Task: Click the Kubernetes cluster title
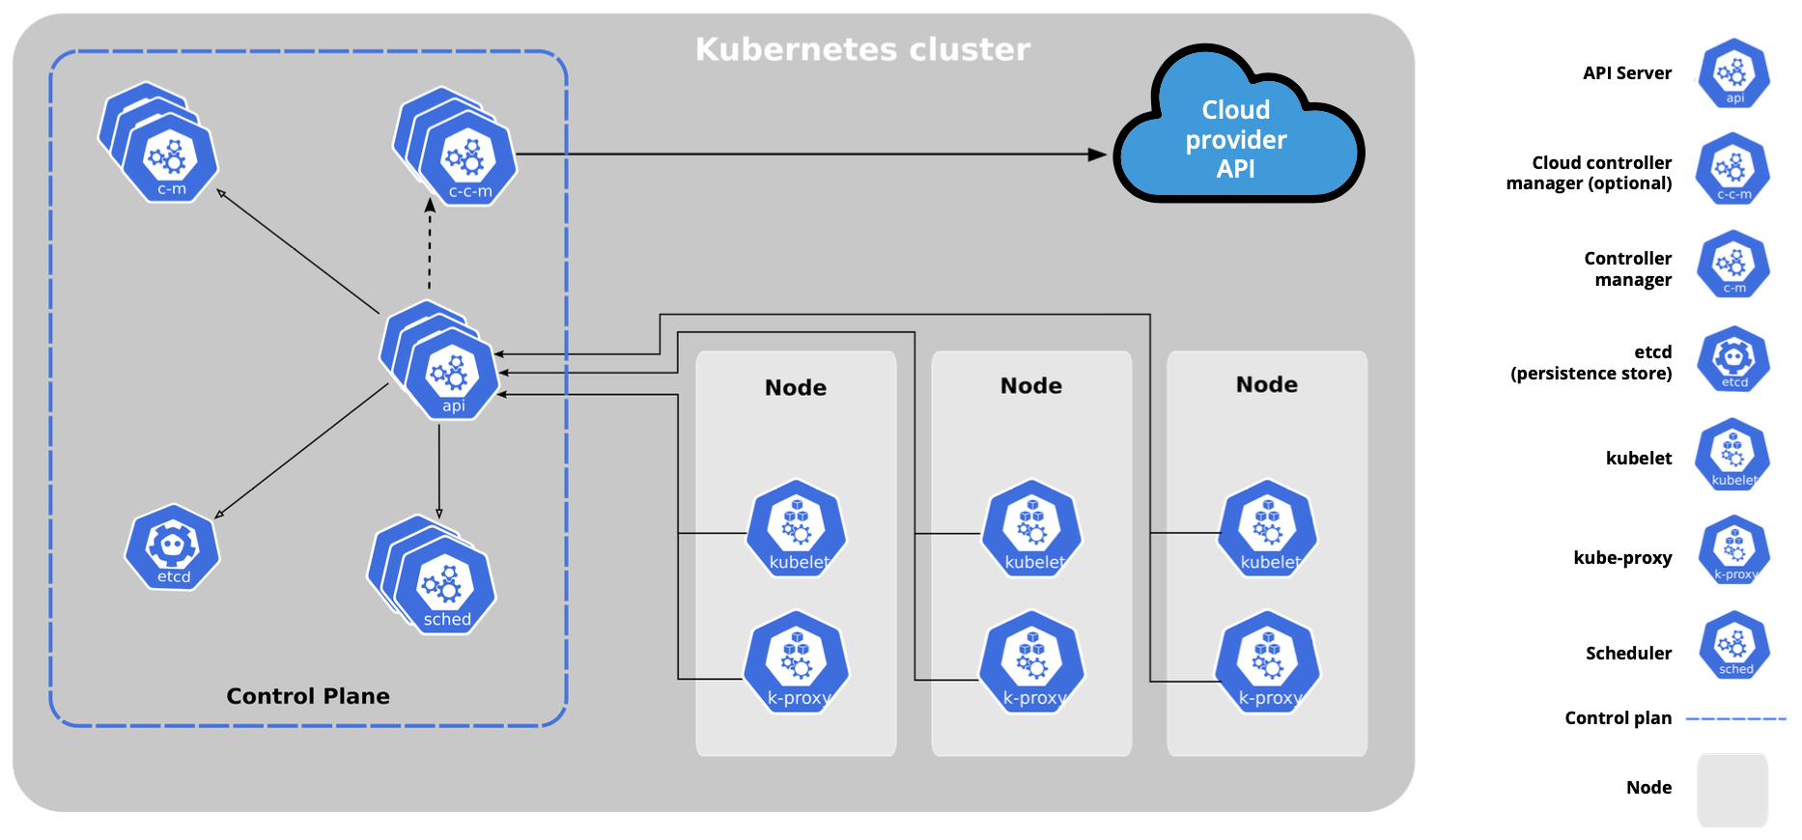862,49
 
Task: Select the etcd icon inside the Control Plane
173,547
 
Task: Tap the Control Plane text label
308,696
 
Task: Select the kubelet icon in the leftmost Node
797,530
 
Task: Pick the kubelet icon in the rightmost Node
1268,530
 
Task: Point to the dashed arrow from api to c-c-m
430,246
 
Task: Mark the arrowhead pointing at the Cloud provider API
1097,154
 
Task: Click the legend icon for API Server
1734,73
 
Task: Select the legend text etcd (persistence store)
1591,363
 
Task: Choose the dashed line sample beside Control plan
1735,718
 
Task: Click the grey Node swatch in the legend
1732,789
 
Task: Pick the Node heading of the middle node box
1031,386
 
